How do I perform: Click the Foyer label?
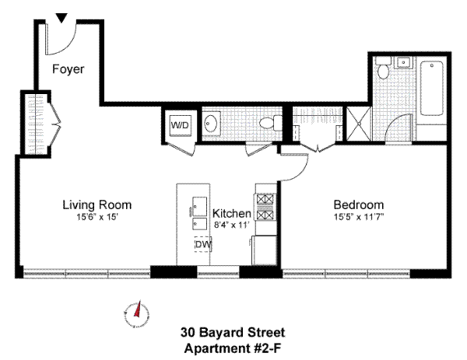click(x=68, y=69)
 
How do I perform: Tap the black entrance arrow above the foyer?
click(x=61, y=18)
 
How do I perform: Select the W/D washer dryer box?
click(x=180, y=125)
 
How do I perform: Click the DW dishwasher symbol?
click(x=203, y=245)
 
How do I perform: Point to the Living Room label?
click(x=97, y=205)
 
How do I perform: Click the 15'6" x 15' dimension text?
click(x=98, y=217)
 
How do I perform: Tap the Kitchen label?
click(x=232, y=213)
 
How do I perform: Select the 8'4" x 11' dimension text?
click(x=232, y=225)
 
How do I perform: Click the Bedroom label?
click(x=359, y=205)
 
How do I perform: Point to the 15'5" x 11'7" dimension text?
click(x=359, y=217)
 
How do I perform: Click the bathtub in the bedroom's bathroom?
click(x=431, y=88)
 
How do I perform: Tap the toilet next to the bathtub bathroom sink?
click(x=383, y=68)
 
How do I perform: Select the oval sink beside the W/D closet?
click(x=212, y=124)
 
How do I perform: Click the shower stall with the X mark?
click(x=359, y=124)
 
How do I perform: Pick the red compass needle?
click(x=138, y=310)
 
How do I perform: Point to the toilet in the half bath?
click(x=270, y=123)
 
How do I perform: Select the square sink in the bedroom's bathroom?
click(x=403, y=63)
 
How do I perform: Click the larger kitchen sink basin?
click(x=199, y=207)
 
